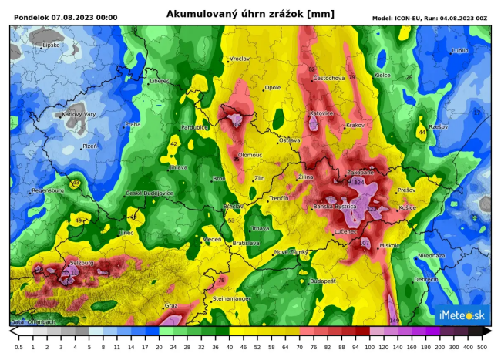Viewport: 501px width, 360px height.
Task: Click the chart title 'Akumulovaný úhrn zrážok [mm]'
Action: click(x=250, y=14)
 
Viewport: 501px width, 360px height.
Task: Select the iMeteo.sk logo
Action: click(x=461, y=315)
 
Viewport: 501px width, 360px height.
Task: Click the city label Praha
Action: click(x=133, y=124)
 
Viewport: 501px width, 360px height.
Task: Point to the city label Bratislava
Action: click(x=247, y=243)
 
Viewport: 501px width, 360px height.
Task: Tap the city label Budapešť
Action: click(x=322, y=281)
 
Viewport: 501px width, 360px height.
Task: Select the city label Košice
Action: click(x=409, y=208)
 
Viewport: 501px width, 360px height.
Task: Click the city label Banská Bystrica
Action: click(x=335, y=207)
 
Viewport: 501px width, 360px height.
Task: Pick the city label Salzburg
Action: click(x=82, y=263)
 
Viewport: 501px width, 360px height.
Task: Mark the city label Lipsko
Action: click(x=52, y=45)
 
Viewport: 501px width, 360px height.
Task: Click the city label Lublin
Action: click(x=460, y=51)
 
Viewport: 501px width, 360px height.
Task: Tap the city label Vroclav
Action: click(x=240, y=59)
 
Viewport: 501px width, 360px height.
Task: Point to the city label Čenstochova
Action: click(x=329, y=78)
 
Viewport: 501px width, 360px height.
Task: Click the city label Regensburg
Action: click(x=49, y=190)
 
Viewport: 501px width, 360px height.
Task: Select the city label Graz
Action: click(x=171, y=305)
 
